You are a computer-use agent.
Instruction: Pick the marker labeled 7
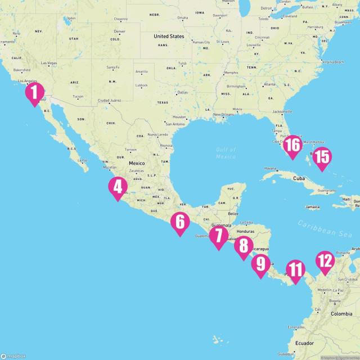[x=218, y=236]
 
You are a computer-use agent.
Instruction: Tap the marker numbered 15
[x=321, y=157]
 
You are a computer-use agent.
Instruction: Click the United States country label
[x=169, y=36]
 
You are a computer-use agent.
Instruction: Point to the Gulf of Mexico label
[x=226, y=152]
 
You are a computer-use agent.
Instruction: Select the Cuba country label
[x=302, y=178]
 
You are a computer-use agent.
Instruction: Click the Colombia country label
[x=341, y=313]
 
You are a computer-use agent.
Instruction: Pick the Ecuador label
[x=304, y=343]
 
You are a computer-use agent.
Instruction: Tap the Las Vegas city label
[x=49, y=63]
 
